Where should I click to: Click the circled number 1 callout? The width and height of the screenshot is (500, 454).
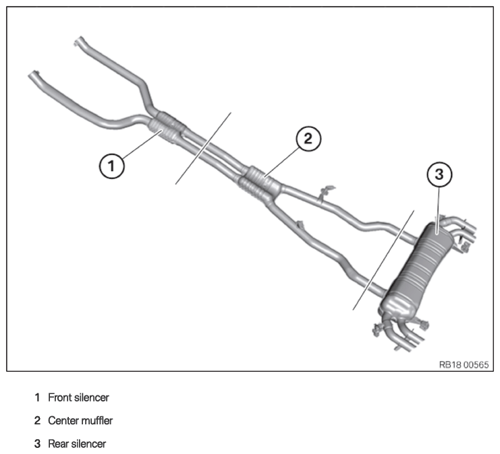[x=113, y=165]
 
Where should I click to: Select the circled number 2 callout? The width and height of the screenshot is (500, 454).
[x=308, y=139]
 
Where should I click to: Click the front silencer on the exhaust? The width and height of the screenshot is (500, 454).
[x=166, y=128]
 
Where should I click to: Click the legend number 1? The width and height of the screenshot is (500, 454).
[x=37, y=398]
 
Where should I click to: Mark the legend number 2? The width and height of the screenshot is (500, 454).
[x=37, y=421]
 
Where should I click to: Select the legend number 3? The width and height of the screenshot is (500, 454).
[x=37, y=444]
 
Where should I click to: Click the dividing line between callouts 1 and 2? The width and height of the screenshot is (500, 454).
[x=203, y=148]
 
